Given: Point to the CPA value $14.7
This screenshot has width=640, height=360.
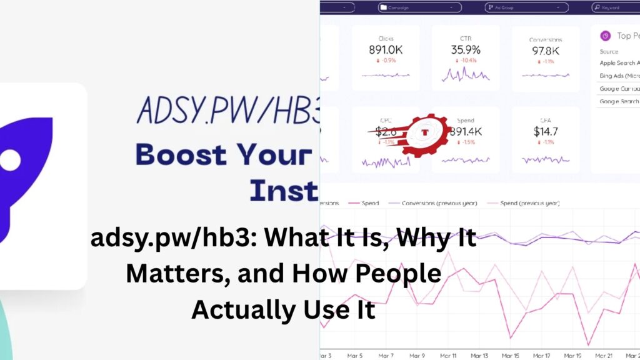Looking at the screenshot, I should click(x=545, y=131).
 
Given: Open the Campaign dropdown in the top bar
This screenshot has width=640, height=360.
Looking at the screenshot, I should click(x=420, y=7).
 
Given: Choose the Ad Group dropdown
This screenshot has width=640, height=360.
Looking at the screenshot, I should click(x=527, y=7).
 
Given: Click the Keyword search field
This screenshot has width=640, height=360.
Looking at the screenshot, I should click(x=615, y=7).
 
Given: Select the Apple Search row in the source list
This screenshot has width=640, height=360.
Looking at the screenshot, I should click(x=619, y=63).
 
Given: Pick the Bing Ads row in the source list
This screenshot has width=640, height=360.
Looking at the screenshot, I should click(x=619, y=76).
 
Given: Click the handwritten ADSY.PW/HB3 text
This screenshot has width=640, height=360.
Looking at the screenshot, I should click(x=227, y=111).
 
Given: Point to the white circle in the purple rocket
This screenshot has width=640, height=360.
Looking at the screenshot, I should click(x=9, y=159).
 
